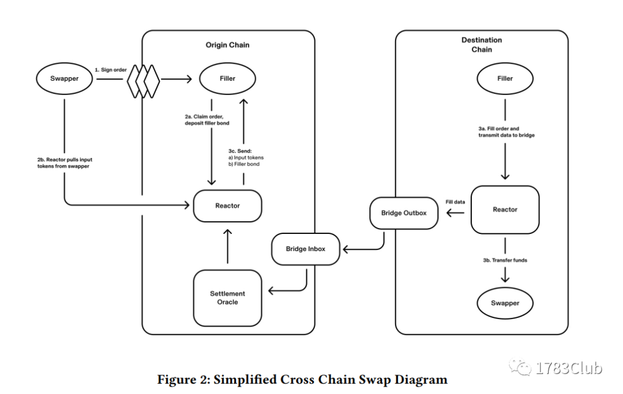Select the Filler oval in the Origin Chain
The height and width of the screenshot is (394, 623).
pos(228,78)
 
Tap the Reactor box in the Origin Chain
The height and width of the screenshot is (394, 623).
pos(227,206)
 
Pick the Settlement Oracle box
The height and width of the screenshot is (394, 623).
pos(227,298)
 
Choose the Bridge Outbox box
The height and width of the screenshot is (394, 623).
pos(404,213)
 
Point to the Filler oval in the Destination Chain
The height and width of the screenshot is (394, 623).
pos(505,78)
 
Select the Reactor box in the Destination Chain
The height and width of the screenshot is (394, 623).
pos(505,210)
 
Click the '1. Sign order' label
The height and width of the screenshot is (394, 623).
pos(110,70)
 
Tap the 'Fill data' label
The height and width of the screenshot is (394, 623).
pos(455,202)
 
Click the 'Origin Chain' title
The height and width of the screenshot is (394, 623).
pos(227,45)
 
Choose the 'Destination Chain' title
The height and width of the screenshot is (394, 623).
pos(482,44)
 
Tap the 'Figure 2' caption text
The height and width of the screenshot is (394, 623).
pos(302,380)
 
